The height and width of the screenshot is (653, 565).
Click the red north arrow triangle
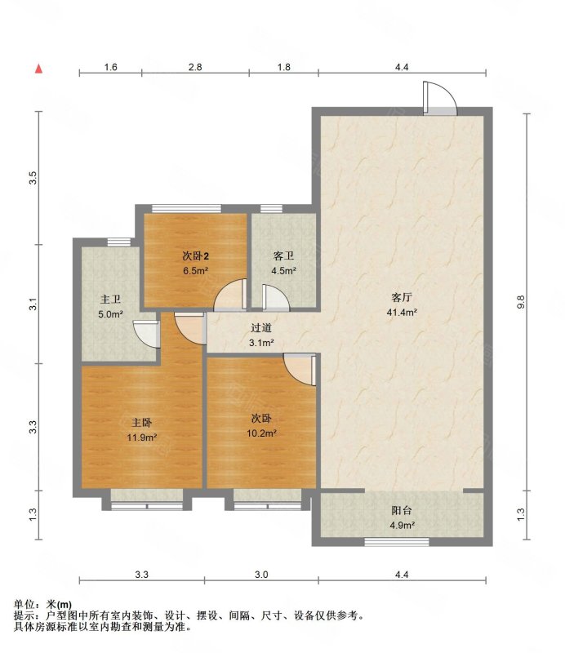[38, 69]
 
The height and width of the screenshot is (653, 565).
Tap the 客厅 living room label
[402, 297]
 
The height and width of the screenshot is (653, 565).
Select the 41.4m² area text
[402, 313]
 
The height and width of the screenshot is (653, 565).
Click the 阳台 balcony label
[402, 510]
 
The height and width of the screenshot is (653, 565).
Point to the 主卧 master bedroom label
[142, 423]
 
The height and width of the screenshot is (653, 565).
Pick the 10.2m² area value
[261, 433]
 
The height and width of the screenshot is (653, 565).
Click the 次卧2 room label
[195, 255]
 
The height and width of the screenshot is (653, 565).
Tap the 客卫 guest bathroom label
[283, 255]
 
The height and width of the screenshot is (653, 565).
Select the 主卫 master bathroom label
[110, 300]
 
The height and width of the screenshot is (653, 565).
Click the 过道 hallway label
[261, 328]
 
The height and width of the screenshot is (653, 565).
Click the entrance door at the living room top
[439, 98]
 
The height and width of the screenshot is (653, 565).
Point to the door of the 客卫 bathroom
[275, 297]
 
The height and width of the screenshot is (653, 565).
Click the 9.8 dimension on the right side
[521, 301]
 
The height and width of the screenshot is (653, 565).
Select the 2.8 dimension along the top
[195, 67]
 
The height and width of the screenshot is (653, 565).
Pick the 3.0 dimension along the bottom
[261, 575]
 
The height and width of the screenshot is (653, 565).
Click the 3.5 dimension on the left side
[33, 178]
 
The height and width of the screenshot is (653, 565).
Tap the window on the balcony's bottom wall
[397, 542]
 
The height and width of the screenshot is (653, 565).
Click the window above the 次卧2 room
[186, 209]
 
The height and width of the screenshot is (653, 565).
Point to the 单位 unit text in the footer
[24, 604]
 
